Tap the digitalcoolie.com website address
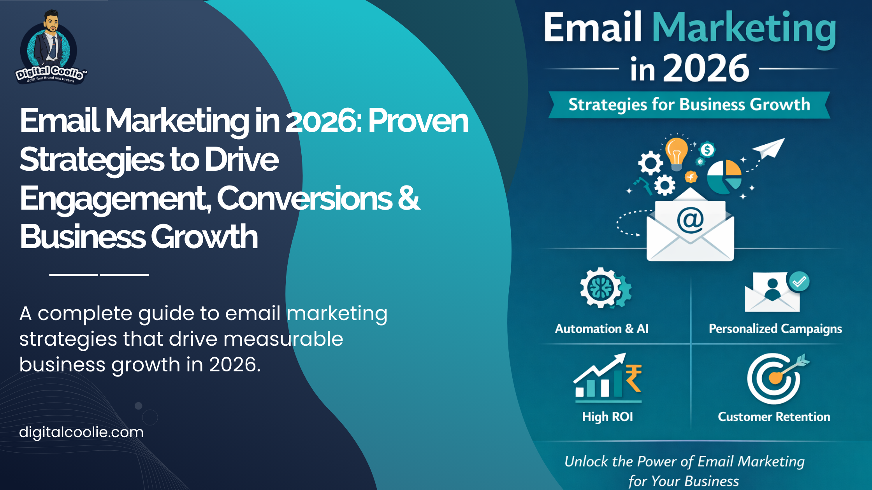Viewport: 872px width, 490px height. pos(81,432)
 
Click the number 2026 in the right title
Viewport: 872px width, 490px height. pos(706,68)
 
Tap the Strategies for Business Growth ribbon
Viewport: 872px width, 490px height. pos(689,105)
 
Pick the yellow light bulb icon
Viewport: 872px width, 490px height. pos(676,152)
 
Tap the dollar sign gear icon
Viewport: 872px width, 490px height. pos(707,150)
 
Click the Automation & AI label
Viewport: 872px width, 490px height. pos(601,329)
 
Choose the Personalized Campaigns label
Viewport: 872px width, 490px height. pos(775,329)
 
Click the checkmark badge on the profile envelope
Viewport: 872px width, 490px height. pos(799,281)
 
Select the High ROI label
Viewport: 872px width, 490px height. pos(607,416)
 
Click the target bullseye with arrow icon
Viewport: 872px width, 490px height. pos(775,378)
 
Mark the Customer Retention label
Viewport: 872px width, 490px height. pos(774,416)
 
